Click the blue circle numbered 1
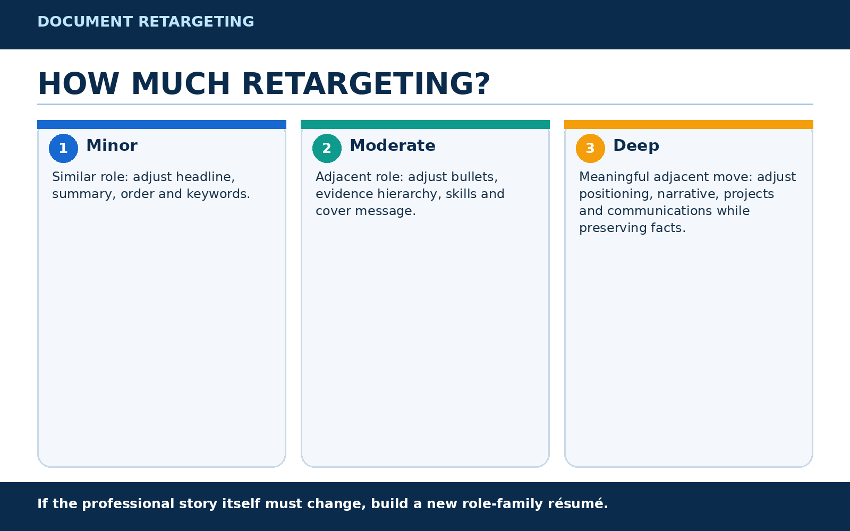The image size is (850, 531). click(63, 148)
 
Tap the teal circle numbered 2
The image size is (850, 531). click(327, 148)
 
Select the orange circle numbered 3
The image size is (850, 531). click(590, 148)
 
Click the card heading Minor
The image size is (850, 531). click(112, 145)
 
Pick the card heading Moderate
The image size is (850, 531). click(393, 145)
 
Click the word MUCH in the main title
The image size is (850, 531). click(181, 84)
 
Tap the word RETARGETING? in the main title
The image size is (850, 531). click(366, 84)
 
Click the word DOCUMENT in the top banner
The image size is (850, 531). click(85, 22)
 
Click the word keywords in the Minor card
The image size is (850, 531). click(218, 194)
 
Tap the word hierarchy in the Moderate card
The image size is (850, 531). click(410, 194)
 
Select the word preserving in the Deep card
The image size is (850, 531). click(613, 228)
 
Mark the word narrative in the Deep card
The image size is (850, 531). click(687, 194)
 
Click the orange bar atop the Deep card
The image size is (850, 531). click(688, 124)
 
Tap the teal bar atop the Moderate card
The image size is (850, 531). click(425, 124)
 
